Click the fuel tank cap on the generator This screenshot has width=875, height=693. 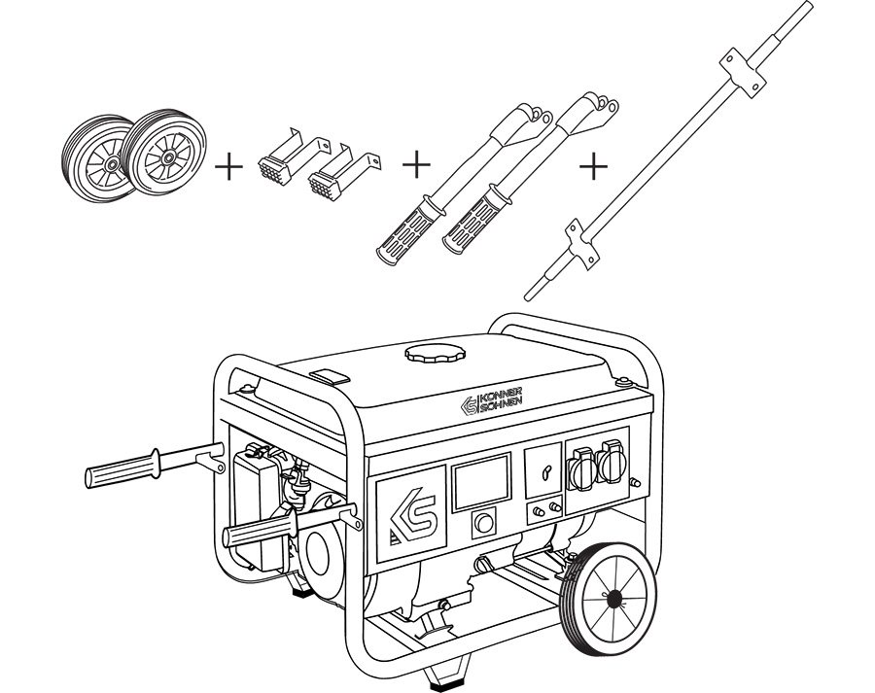point(429,353)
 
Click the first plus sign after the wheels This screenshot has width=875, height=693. point(228,167)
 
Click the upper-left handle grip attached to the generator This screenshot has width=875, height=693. point(123,471)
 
